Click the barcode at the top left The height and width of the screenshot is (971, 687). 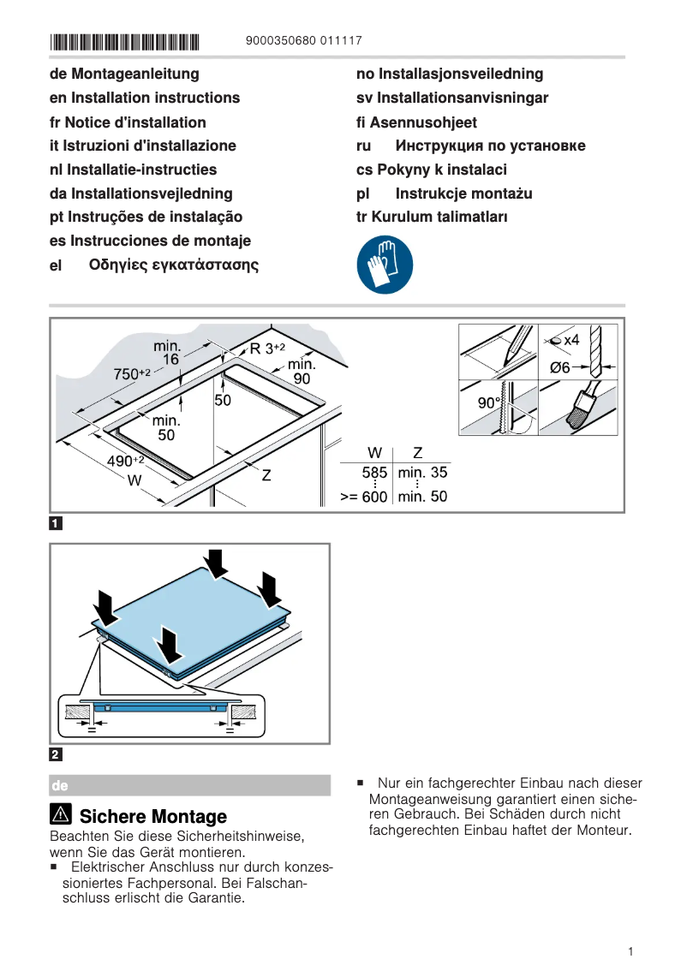(124, 41)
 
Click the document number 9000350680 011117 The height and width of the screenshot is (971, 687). (303, 41)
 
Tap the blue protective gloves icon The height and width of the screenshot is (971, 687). (385, 265)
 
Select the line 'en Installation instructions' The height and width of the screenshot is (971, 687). (145, 98)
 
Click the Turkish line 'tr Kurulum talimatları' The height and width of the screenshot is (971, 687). (432, 217)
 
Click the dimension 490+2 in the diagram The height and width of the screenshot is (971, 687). (125, 462)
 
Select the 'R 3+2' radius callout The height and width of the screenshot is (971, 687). (267, 348)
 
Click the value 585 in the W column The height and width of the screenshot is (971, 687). (374, 473)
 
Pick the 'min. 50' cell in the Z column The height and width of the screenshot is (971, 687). (422, 497)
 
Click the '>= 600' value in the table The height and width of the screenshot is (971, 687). (363, 497)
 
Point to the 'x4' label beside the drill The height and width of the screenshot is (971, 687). (571, 340)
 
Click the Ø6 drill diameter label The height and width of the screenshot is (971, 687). (560, 367)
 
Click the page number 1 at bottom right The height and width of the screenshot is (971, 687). (630, 951)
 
